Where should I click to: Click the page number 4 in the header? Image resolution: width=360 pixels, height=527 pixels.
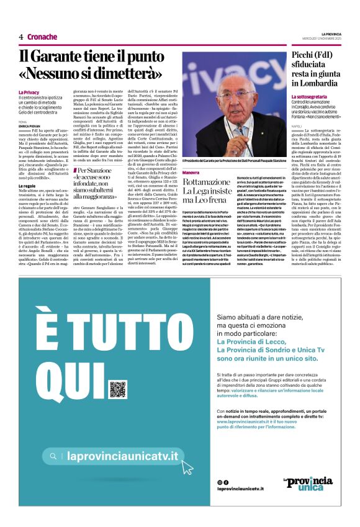point(20,37)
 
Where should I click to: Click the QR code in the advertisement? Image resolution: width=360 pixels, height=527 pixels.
point(118,389)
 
